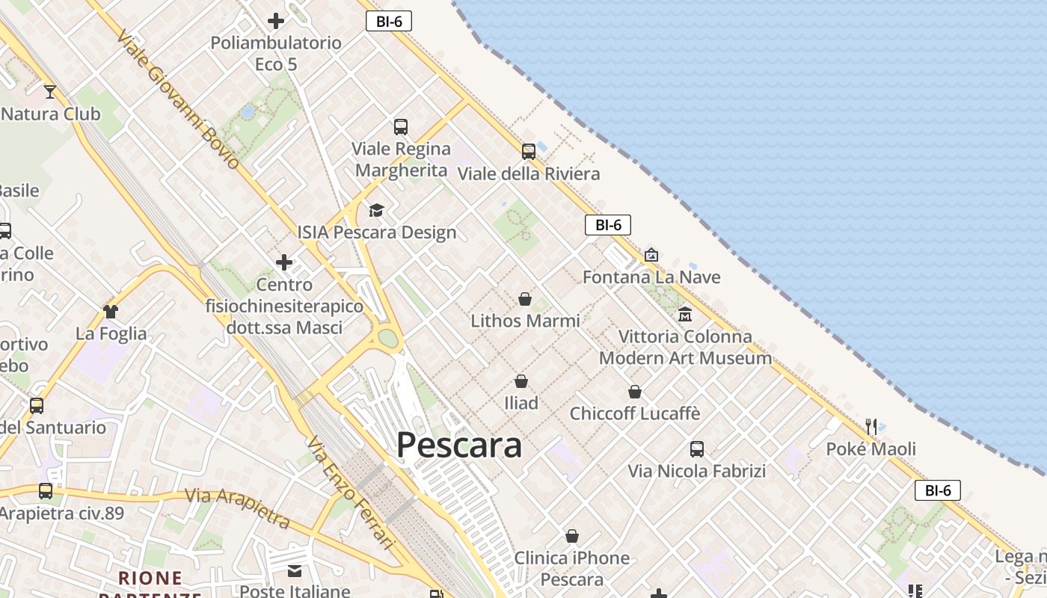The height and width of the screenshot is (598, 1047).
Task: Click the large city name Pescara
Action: tap(458, 445)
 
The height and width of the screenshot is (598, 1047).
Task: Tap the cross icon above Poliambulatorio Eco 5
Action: tap(276, 21)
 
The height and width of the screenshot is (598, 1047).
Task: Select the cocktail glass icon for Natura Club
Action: tap(50, 92)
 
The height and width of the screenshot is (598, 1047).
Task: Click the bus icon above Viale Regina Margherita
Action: tap(401, 127)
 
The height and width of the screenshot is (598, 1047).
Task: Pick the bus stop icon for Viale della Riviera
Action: tap(529, 152)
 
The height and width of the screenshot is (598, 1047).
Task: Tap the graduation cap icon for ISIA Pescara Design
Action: tap(376, 210)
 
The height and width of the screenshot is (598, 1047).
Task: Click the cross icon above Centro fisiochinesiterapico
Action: tap(284, 262)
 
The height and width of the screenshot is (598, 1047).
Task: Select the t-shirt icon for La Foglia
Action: tap(111, 311)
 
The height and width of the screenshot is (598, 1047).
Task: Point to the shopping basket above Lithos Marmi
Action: tap(525, 299)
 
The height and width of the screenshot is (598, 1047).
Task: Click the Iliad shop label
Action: tap(521, 403)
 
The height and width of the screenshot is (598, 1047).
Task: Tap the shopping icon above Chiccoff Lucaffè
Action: tap(635, 392)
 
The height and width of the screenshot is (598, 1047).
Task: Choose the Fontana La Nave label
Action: tap(651, 277)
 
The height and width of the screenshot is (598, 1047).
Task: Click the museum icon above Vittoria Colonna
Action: tap(685, 315)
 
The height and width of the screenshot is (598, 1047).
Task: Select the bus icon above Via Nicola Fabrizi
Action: tap(697, 449)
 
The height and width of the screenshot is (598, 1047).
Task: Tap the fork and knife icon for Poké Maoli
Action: tap(871, 427)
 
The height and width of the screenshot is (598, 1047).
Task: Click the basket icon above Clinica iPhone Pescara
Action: tap(572, 536)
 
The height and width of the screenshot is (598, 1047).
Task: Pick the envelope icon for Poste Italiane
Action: tap(295, 571)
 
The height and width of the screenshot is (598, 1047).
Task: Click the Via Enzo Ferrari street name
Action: tap(350, 493)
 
